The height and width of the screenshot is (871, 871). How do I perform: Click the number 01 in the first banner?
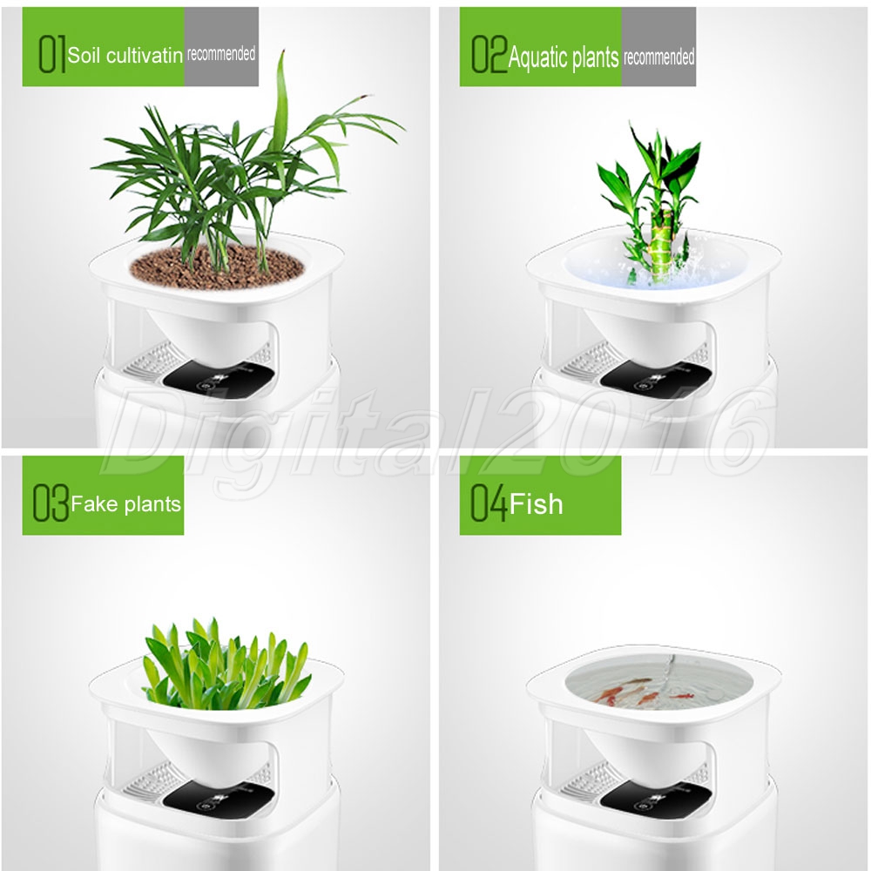point(52,53)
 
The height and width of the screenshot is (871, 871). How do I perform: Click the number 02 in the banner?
point(490,53)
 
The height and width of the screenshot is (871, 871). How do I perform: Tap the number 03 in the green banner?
point(51,503)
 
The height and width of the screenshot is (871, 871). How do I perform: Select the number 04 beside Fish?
point(489,503)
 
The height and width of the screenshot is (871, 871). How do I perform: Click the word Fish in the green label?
point(536,504)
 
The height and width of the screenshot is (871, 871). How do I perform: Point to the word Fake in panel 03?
point(94,503)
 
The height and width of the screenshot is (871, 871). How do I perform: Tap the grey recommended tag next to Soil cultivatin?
point(221,47)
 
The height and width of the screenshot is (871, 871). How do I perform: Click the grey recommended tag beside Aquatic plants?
point(658,47)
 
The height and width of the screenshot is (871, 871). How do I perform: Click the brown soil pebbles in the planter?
point(217,267)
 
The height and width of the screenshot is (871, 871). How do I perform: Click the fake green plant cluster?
point(226,665)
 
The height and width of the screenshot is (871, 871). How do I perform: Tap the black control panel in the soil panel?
point(219,379)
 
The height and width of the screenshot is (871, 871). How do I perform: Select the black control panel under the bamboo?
point(656,379)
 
